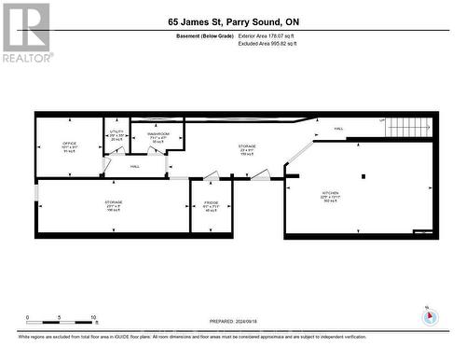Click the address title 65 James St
tap(233, 21)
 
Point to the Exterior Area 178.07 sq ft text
tap(274, 36)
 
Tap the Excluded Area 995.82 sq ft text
tap(274, 44)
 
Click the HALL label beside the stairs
tap(338, 129)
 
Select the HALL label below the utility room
tap(135, 166)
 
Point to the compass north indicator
tap(429, 316)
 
